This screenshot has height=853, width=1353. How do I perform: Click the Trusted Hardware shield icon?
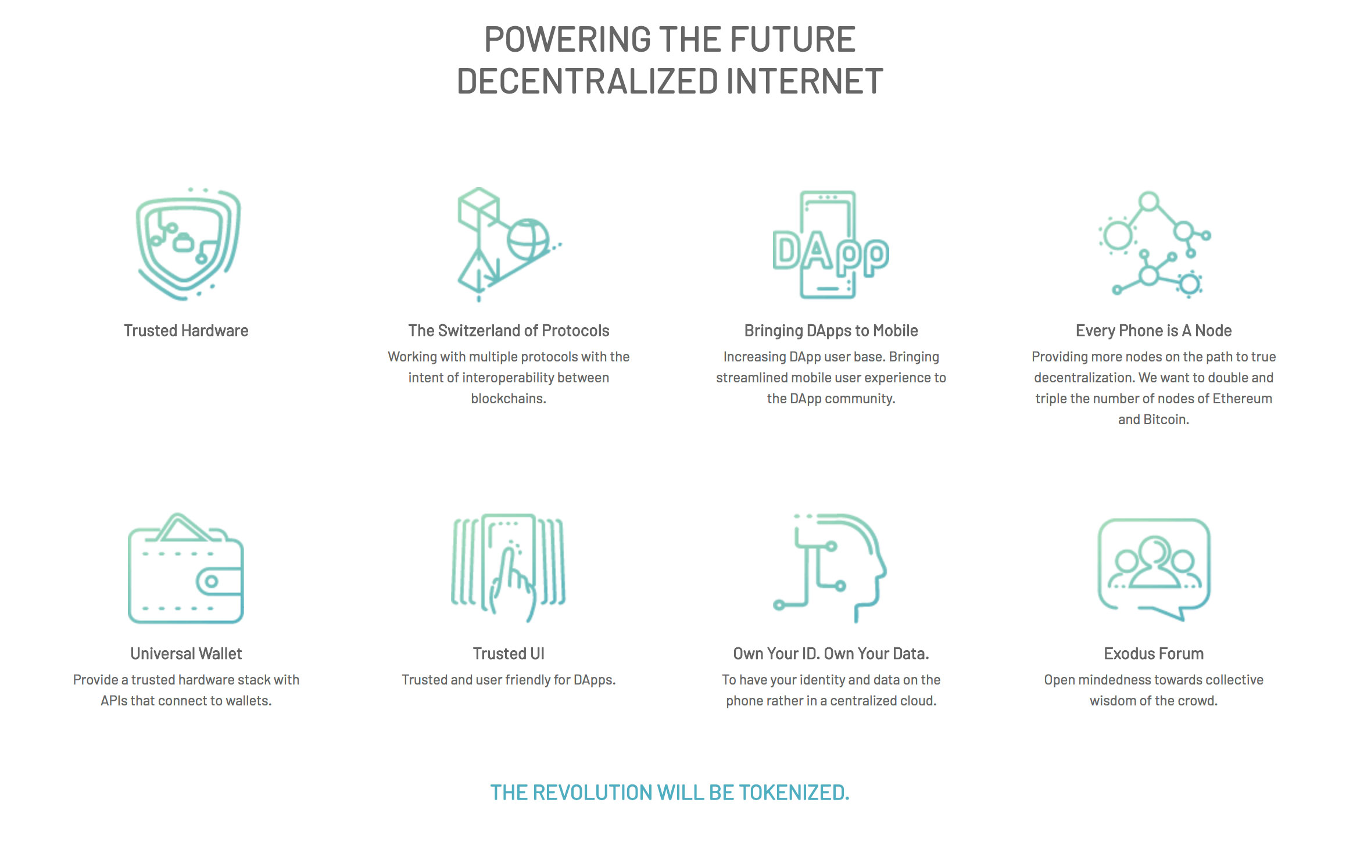click(188, 244)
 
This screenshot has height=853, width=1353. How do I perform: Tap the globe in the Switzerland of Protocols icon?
click(528, 239)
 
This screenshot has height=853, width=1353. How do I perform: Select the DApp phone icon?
click(830, 245)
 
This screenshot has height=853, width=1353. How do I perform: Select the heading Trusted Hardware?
click(186, 331)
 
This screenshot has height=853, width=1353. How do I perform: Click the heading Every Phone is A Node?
click(1154, 331)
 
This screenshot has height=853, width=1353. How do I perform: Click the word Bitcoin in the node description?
click(1166, 420)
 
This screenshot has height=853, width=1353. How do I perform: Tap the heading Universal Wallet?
click(186, 654)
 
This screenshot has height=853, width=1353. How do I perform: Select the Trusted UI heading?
click(509, 654)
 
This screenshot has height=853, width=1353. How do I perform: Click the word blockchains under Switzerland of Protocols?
click(509, 399)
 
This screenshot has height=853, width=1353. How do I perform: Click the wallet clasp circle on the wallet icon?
click(212, 581)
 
